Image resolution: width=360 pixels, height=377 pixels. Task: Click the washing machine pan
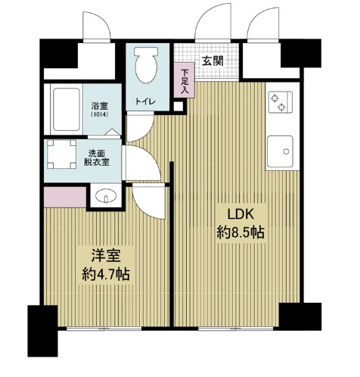pos(63,156)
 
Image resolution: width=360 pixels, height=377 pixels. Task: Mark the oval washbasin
pos(106,198)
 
